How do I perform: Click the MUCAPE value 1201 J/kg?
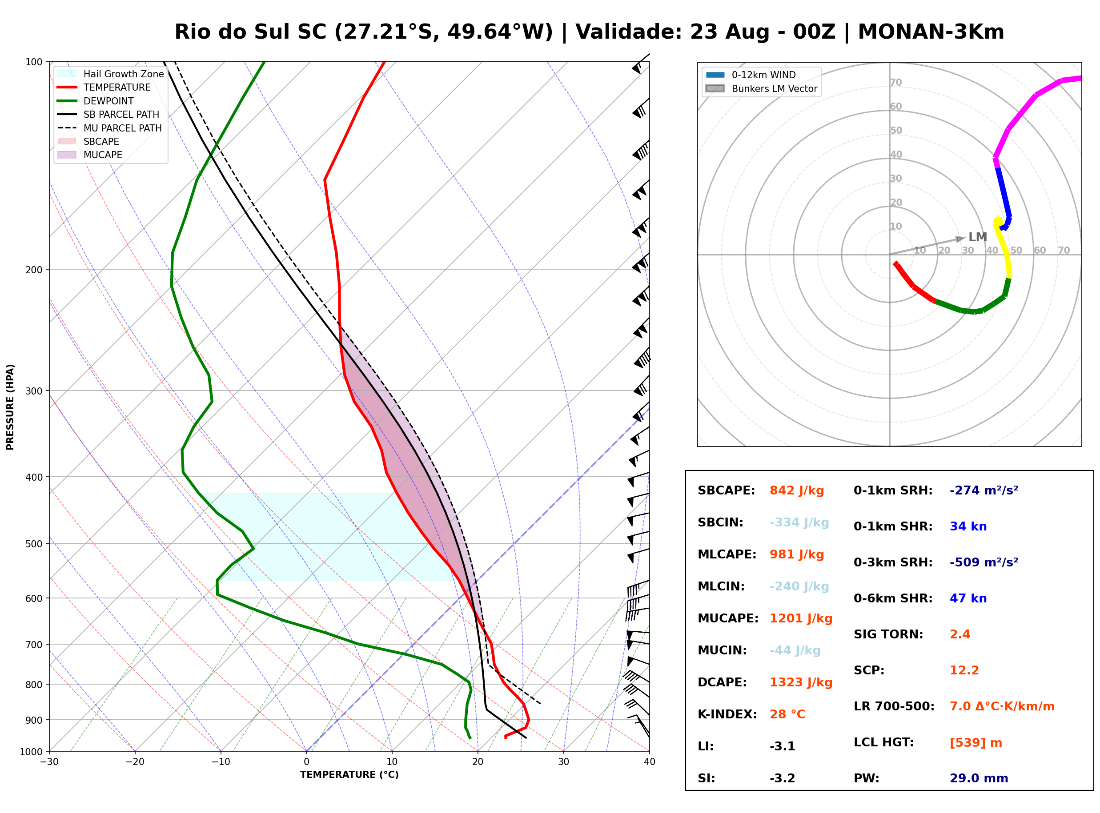click(801, 618)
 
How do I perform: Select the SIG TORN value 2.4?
click(959, 634)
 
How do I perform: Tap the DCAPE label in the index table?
click(722, 682)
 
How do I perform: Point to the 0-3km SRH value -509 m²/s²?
click(984, 562)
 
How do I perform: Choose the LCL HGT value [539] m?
click(976, 743)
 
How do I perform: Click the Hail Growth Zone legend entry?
click(111, 74)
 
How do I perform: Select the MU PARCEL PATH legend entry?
click(110, 128)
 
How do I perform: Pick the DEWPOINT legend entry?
click(96, 101)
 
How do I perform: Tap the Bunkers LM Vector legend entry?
click(761, 88)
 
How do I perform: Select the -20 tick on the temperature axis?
click(135, 762)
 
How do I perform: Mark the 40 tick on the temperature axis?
click(650, 762)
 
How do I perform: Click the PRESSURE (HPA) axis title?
click(10, 407)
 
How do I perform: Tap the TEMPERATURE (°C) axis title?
click(349, 775)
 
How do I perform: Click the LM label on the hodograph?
click(977, 237)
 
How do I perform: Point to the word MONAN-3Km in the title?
click(931, 32)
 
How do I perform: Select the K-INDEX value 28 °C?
click(787, 714)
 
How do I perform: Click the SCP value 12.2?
click(964, 670)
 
